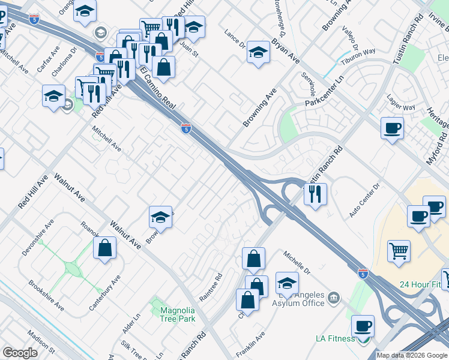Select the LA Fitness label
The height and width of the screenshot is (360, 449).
click(335, 338)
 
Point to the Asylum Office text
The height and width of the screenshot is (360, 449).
click(298, 303)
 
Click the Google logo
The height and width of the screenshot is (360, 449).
click(20, 353)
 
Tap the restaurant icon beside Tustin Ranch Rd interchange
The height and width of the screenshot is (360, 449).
click(315, 194)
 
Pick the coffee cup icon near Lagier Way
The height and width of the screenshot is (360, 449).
click(392, 128)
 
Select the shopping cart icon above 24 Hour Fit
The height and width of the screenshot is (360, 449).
click(399, 251)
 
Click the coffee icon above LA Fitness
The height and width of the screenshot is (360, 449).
click(363, 326)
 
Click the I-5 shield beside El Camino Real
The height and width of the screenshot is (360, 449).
click(186, 128)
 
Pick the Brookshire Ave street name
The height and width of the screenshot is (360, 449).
click(46, 295)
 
